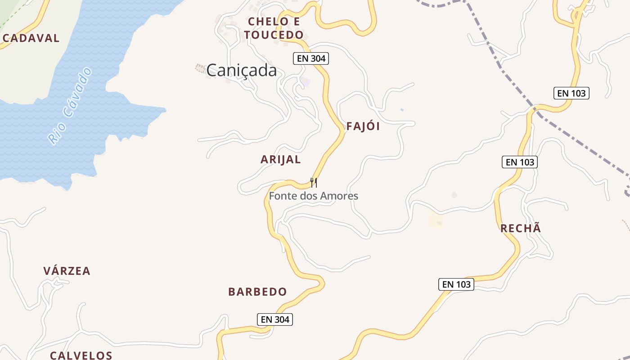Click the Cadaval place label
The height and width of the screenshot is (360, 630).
(31, 38)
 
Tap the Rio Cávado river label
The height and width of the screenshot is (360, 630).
(70, 106)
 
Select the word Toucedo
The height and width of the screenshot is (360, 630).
(274, 35)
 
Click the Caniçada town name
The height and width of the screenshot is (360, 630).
(242, 70)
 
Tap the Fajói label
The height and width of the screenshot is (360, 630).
(363, 126)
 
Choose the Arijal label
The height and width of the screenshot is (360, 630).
(281, 159)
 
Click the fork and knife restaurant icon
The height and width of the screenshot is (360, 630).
(314, 183)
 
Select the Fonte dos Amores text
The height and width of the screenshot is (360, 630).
(314, 196)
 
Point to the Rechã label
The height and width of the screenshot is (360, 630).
(521, 228)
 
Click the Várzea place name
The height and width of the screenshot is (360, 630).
(67, 271)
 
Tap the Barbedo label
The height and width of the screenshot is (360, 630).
(257, 292)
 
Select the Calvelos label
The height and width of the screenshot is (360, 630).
(81, 355)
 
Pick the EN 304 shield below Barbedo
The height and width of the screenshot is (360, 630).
(275, 319)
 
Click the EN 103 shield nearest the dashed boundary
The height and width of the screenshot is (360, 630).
(571, 93)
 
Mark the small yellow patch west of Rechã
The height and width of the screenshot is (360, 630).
(436, 220)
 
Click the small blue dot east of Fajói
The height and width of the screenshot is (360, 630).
(402, 109)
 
